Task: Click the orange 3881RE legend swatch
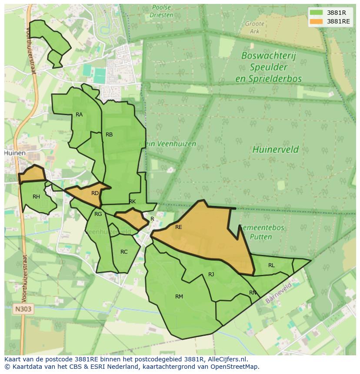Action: tap(316, 21)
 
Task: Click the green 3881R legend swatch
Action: tap(316, 13)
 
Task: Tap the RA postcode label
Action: tap(79, 115)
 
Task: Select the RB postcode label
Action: tap(109, 135)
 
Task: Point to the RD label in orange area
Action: tap(95, 193)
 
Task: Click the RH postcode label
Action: tap(36, 197)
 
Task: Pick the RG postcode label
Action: tap(98, 214)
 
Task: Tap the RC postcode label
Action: tap(124, 252)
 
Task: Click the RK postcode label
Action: tap(132, 202)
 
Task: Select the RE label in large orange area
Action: tap(179, 227)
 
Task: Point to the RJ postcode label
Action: tap(211, 274)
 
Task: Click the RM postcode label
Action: tap(179, 297)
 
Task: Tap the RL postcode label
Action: tap(271, 265)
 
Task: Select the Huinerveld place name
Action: tap(275, 150)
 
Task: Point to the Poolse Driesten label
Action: tap(161, 11)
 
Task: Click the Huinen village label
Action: tap(15, 153)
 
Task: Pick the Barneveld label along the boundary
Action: tap(279, 292)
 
